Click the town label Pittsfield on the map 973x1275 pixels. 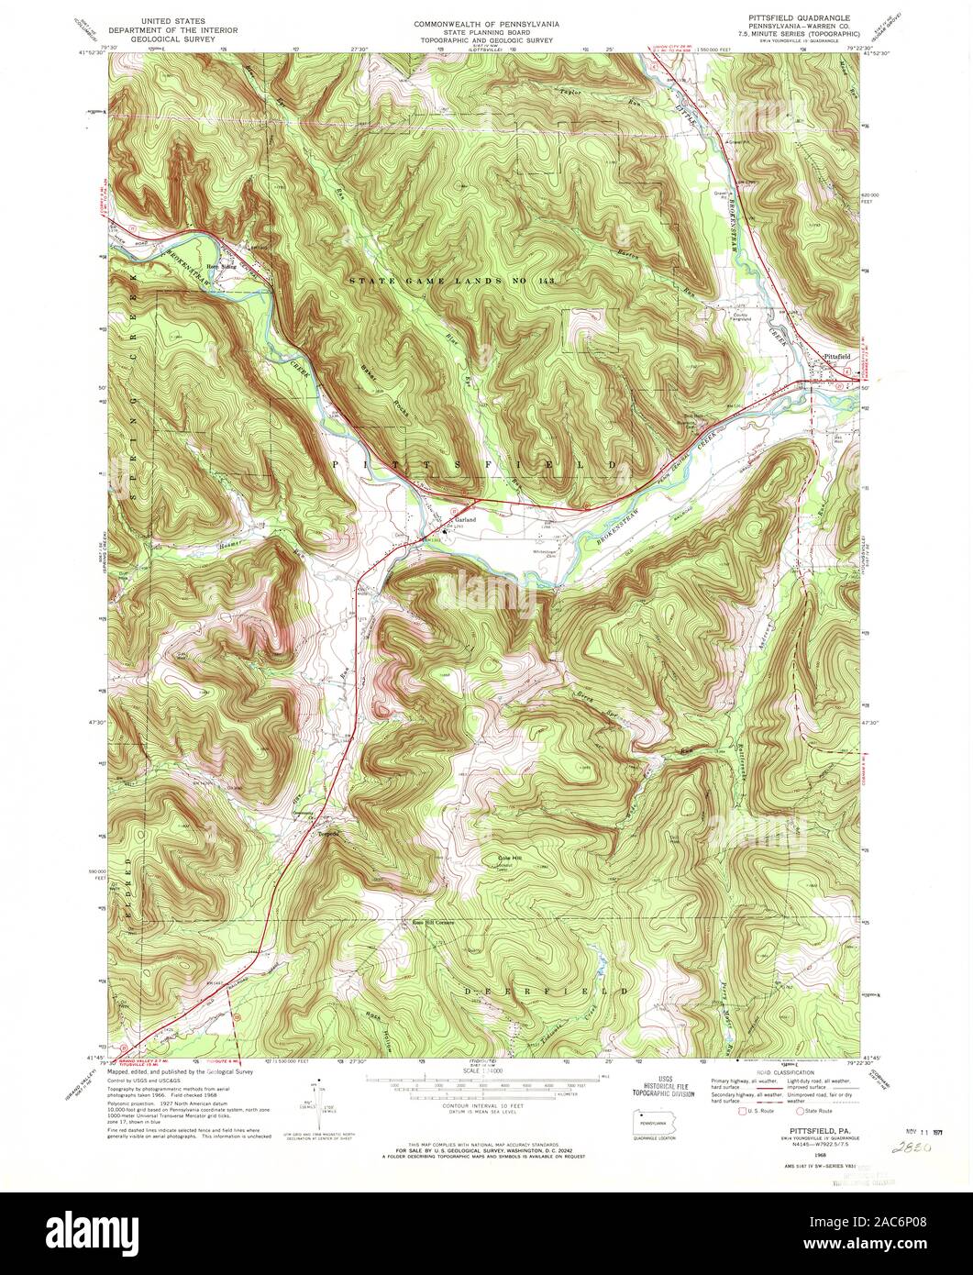836,356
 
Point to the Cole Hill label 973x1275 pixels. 509,859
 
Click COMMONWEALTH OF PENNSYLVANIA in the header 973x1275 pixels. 486,21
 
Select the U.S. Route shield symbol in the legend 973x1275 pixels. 720,1112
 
